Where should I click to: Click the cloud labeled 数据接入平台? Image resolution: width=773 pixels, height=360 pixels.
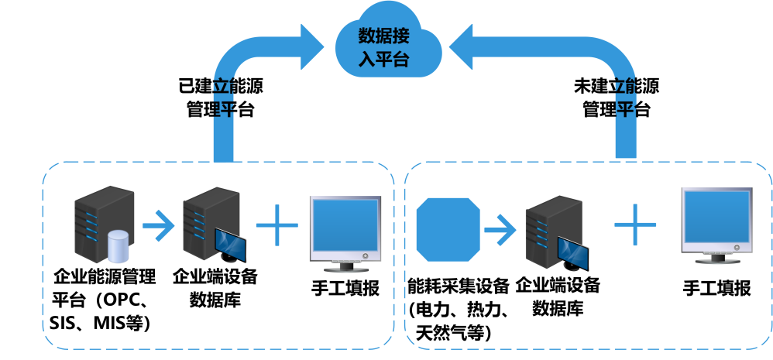[x=388, y=46]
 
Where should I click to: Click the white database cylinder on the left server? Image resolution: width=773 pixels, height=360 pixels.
[x=118, y=246]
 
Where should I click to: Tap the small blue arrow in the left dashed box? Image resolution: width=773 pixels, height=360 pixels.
[x=158, y=226]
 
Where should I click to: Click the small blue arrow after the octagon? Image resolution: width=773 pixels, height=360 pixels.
[x=500, y=228]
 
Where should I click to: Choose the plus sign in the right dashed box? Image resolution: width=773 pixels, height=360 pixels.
[x=635, y=225]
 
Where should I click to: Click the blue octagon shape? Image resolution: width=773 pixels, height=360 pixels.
[x=448, y=228]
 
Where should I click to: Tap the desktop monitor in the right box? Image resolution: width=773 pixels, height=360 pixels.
[x=716, y=221]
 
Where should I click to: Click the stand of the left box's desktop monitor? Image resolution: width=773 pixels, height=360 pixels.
[x=345, y=268]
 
